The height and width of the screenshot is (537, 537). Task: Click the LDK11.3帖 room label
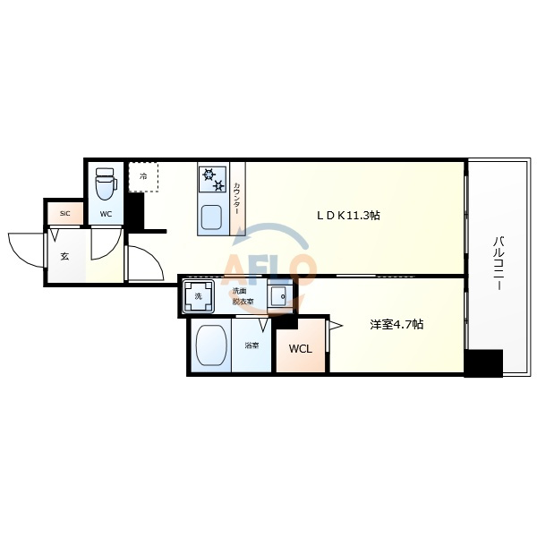click(x=348, y=216)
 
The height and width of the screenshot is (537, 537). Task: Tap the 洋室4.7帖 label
click(x=396, y=324)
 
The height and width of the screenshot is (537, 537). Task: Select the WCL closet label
click(x=301, y=349)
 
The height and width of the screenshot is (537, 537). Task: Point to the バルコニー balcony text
click(x=499, y=263)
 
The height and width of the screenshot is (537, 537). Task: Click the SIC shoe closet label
click(x=64, y=214)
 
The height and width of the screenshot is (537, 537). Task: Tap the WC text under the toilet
click(x=106, y=214)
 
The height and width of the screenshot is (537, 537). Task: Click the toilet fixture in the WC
click(x=106, y=183)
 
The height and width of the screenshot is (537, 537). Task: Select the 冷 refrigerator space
click(x=143, y=176)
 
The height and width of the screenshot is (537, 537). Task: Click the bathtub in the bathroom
click(x=211, y=345)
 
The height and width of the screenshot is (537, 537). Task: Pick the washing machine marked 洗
click(x=199, y=296)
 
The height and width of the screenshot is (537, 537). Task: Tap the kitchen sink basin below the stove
click(x=211, y=217)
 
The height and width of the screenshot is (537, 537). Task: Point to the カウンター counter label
click(x=237, y=199)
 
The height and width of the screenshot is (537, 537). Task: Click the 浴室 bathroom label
click(x=251, y=345)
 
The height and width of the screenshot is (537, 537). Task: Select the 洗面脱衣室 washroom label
click(x=243, y=296)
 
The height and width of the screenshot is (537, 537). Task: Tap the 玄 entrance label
click(x=64, y=256)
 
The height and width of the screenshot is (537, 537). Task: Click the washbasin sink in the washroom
click(x=280, y=295)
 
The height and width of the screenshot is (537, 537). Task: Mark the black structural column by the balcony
click(x=483, y=363)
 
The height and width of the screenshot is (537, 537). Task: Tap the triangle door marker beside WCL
click(x=336, y=326)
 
